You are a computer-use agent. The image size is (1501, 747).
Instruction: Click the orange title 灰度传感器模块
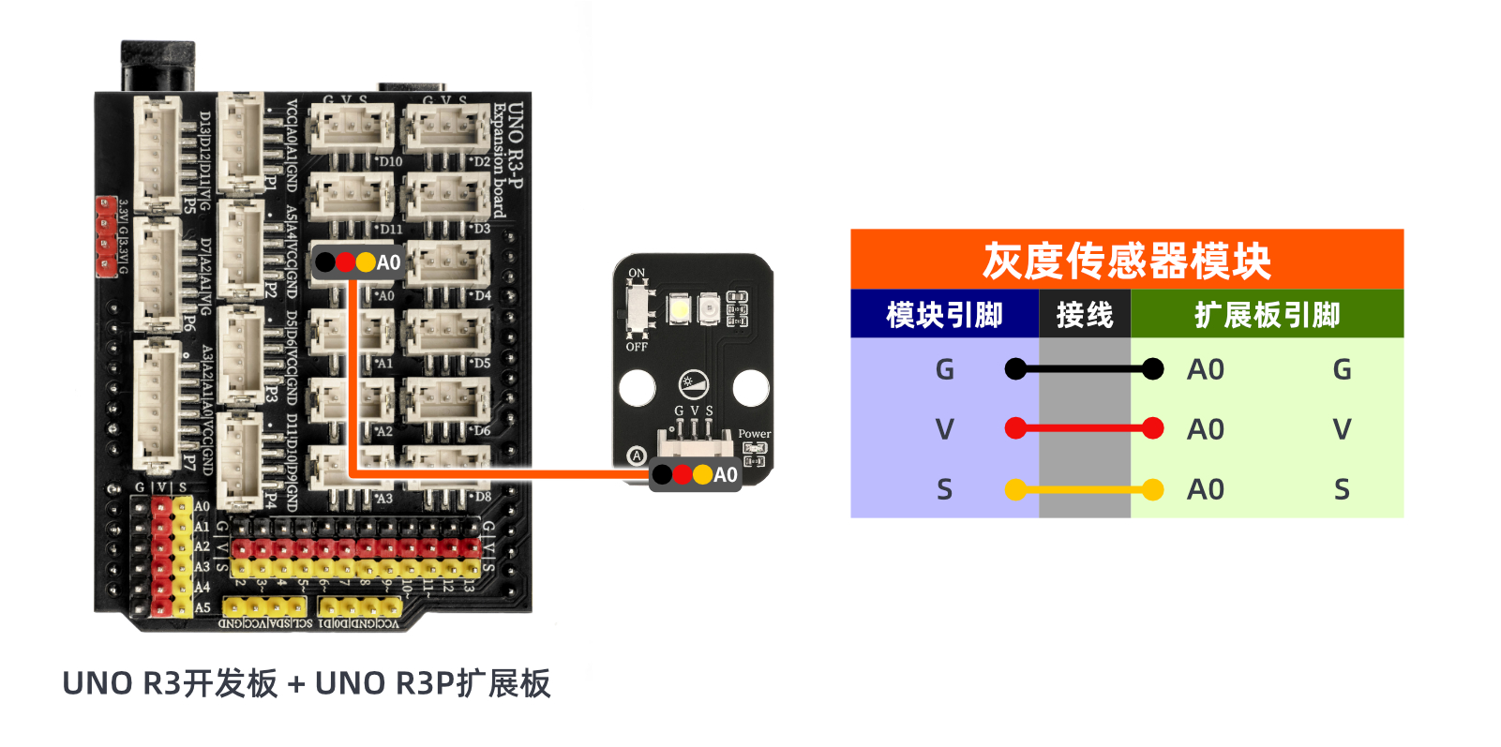point(1126,261)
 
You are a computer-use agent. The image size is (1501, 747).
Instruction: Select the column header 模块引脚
point(944,315)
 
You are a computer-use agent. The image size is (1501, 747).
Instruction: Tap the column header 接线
point(1085,315)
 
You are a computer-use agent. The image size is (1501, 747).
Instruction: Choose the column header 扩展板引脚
point(1267,315)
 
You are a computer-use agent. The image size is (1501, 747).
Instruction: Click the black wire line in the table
point(1084,369)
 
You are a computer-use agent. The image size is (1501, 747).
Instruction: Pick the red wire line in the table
point(1084,429)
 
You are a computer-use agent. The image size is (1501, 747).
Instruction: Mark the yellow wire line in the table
point(1084,489)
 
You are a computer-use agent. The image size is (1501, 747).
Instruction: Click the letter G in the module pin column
point(944,369)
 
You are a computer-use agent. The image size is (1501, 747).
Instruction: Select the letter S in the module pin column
point(944,489)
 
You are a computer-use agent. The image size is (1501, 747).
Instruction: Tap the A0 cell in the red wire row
point(1206,429)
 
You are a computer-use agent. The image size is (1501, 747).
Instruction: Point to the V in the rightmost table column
point(1342,429)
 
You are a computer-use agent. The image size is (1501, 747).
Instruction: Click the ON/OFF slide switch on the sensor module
point(638,309)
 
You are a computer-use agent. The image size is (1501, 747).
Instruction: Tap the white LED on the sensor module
point(679,308)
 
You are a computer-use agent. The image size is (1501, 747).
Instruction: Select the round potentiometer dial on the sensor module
point(693,383)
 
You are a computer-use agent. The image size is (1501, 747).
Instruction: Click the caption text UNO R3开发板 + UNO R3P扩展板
point(307,683)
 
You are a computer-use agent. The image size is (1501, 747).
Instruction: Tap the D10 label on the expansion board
point(390,162)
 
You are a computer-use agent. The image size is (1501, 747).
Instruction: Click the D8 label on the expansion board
point(482,497)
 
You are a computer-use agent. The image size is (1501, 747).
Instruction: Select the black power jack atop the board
point(158,66)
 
